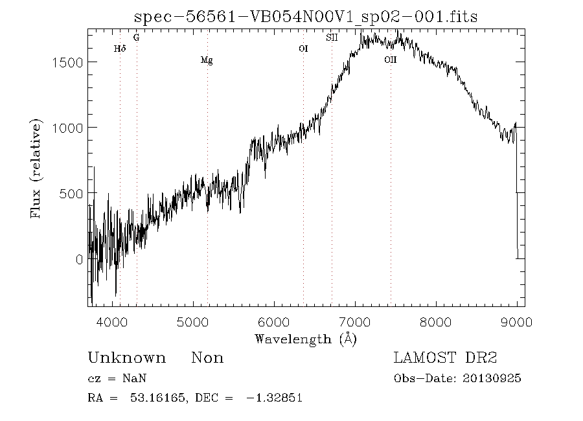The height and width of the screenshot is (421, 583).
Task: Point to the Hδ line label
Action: [119, 49]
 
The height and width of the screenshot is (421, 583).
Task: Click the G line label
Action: [136, 38]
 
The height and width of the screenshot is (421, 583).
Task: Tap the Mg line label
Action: [207, 61]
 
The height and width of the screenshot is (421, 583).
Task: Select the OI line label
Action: [303, 49]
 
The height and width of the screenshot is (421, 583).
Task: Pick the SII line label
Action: [332, 38]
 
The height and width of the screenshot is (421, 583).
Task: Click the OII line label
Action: [390, 60]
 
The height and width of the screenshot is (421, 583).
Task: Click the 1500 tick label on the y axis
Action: [67, 62]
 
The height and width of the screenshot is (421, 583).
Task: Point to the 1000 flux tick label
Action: [67, 128]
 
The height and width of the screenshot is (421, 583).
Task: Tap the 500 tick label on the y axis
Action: [71, 194]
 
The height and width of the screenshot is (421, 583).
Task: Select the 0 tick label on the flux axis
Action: [79, 259]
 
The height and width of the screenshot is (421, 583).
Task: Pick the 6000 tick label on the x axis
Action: [274, 322]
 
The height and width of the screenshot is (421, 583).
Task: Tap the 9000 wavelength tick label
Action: [516, 322]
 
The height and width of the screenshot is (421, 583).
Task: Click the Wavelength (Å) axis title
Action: [306, 339]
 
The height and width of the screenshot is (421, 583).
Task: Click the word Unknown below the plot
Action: [126, 358]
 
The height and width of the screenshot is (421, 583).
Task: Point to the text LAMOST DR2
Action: [445, 358]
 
